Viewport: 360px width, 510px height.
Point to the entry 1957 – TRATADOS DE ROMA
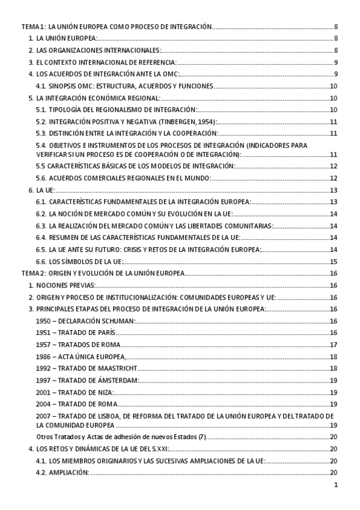click(78, 345)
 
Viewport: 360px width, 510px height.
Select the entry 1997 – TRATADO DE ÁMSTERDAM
click(88, 380)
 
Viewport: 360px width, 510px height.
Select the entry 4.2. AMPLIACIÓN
click(63, 473)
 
